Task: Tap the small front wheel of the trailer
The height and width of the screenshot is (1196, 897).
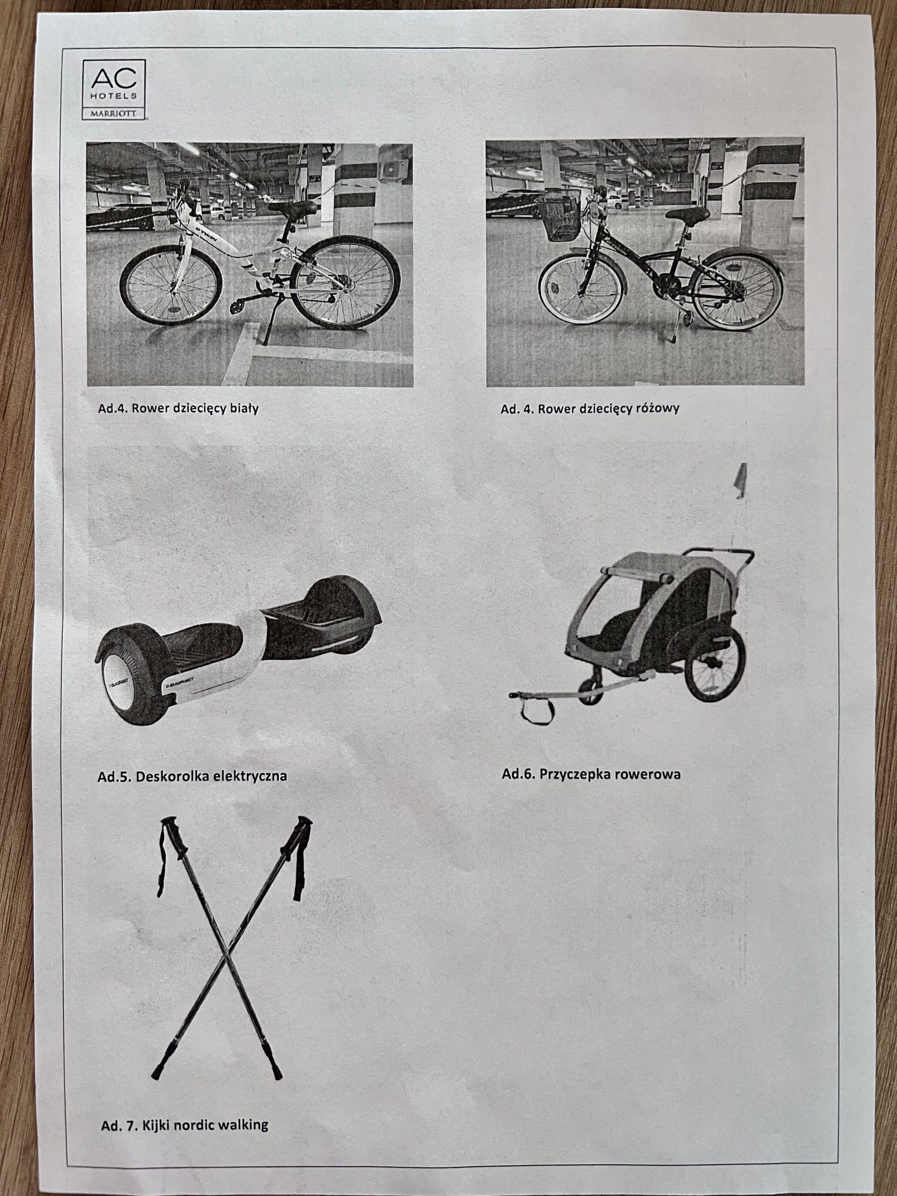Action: coord(590,691)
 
